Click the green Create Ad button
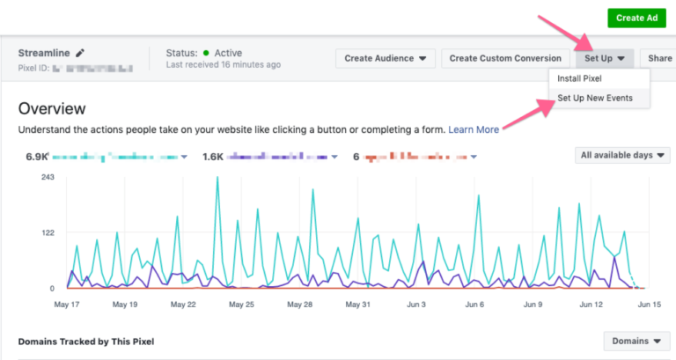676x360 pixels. click(636, 18)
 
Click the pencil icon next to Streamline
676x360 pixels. click(80, 53)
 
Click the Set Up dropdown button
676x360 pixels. click(605, 58)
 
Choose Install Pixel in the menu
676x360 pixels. click(584, 78)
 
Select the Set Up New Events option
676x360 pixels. click(595, 98)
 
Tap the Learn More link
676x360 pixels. click(474, 129)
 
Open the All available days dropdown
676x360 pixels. click(622, 155)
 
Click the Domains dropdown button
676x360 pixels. click(636, 341)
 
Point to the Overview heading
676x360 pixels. click(52, 108)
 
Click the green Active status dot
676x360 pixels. click(206, 53)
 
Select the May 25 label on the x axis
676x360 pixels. click(240, 305)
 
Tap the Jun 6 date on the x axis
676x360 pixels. click(474, 305)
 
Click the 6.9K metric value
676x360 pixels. click(36, 157)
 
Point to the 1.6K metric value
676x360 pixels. click(213, 157)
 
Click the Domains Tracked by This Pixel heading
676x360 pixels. click(86, 341)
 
